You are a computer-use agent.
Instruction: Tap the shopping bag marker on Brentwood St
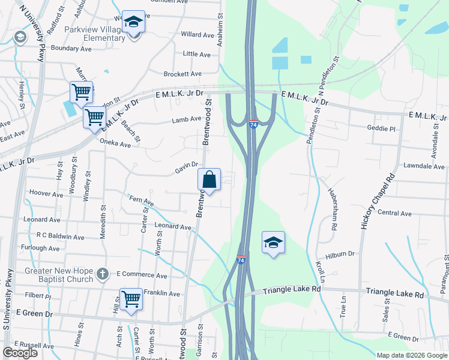(209, 179)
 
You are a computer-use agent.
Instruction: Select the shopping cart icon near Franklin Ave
(131, 299)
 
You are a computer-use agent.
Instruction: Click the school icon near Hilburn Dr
(273, 242)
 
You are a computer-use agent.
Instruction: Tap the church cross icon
(103, 274)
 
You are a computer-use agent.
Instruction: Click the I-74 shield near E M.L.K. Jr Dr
(253, 123)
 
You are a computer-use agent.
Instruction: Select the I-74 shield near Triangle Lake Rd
(241, 260)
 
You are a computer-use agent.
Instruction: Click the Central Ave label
(394, 213)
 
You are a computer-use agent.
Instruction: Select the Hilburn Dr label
(340, 254)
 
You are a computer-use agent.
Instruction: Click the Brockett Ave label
(182, 74)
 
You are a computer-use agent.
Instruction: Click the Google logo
(20, 353)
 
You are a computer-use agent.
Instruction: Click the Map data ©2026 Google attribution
(411, 355)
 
